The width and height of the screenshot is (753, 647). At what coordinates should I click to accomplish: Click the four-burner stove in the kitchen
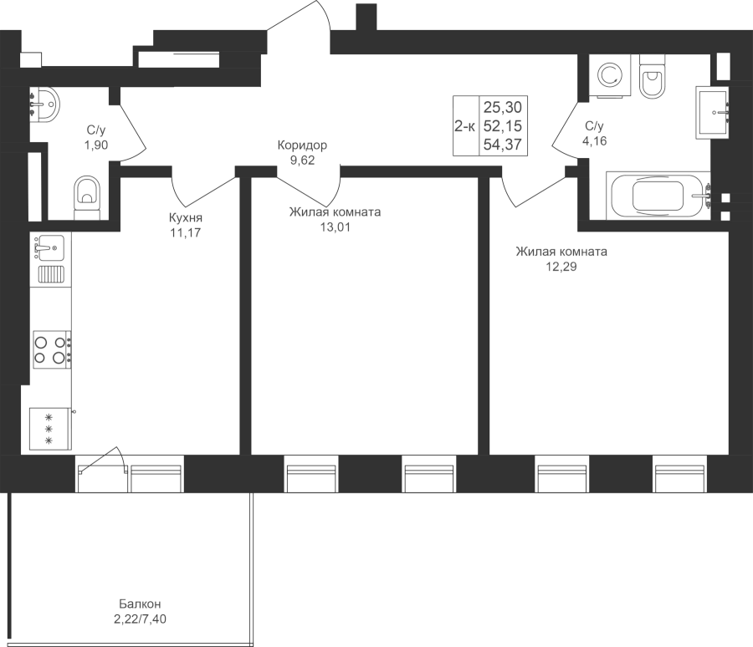click(50, 349)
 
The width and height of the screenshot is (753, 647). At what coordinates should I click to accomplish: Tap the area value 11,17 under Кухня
click(185, 233)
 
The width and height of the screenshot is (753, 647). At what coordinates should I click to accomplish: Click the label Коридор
click(302, 145)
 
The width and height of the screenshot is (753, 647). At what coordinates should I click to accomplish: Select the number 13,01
click(335, 226)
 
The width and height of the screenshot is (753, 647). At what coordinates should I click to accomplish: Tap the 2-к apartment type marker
click(464, 127)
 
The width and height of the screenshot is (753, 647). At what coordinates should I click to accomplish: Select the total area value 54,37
click(504, 145)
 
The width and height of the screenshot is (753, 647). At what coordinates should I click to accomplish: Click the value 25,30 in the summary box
click(503, 107)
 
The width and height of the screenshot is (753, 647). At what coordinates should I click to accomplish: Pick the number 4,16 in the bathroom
click(595, 140)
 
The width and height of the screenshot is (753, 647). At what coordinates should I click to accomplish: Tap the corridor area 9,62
click(302, 160)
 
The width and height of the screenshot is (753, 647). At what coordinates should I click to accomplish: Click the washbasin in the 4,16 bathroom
click(714, 112)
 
